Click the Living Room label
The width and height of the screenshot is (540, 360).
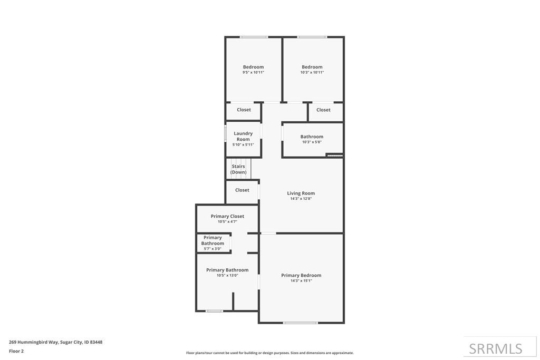(301, 193)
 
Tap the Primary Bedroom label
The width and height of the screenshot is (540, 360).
(301, 275)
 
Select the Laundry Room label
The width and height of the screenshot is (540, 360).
(243, 137)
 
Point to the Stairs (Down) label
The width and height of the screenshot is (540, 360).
(238, 169)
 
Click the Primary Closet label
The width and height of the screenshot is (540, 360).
(227, 216)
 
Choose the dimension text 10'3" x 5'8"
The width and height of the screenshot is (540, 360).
(312, 142)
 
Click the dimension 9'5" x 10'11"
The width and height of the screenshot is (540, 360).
(253, 73)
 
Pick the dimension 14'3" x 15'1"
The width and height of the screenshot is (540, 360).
(301, 281)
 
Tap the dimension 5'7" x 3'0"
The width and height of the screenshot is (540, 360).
(213, 249)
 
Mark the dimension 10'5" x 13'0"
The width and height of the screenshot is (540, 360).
(227, 275)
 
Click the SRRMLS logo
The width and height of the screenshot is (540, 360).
(496, 348)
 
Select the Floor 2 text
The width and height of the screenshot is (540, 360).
(16, 351)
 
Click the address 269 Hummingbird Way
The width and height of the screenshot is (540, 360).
(56, 342)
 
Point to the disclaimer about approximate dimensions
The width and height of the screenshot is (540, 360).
(270, 353)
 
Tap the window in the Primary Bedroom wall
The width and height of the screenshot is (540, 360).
(301, 323)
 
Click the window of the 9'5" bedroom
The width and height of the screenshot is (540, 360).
(254, 37)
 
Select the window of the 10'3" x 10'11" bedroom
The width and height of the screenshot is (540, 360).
(312, 37)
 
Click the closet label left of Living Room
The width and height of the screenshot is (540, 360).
(242, 190)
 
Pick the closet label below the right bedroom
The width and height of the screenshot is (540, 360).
(323, 110)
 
